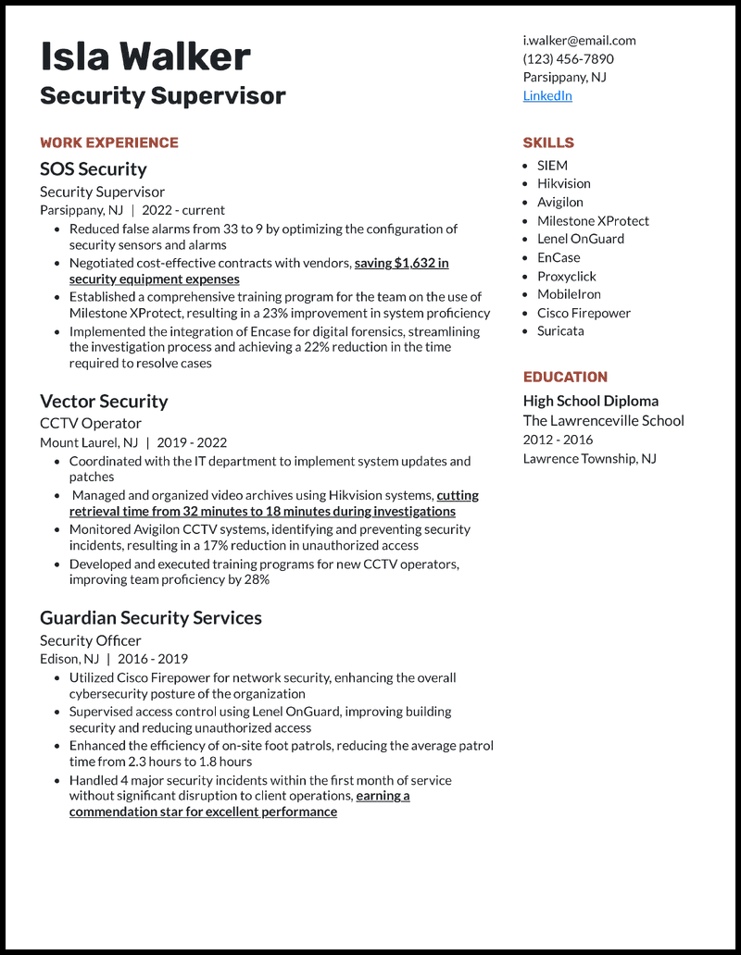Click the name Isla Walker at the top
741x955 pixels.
pos(144,57)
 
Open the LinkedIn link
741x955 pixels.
pos(547,95)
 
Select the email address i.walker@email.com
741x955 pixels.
pos(579,40)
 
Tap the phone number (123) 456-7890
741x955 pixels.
pos(568,58)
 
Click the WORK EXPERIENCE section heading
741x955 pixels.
pos(108,143)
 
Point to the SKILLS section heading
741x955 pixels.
pos(548,143)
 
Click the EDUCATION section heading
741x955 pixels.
pos(565,377)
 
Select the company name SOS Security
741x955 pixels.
pos(93,168)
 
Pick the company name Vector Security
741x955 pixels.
pos(104,401)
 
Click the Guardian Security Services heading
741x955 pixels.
pos(150,617)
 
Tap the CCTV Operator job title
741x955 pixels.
pos(90,423)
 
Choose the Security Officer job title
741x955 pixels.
pos(90,640)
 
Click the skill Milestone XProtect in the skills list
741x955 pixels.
pos(593,220)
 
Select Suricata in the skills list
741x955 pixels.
pos(560,330)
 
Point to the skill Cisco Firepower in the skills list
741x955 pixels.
pos(584,313)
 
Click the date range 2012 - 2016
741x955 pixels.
pos(558,440)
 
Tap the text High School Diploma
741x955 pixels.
pos(590,401)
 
